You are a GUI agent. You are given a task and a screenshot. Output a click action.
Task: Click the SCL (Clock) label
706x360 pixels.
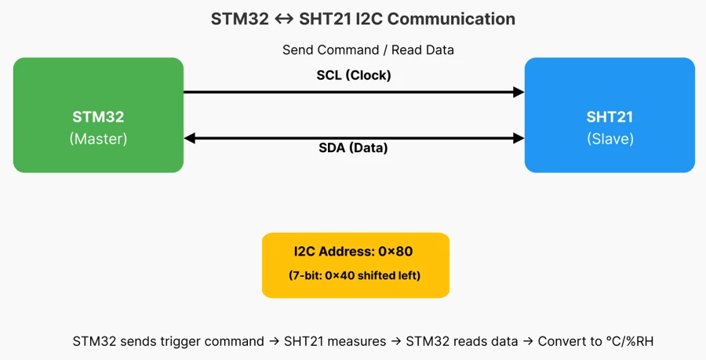pos(354,75)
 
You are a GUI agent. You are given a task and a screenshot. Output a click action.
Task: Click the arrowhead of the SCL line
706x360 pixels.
pos(519,93)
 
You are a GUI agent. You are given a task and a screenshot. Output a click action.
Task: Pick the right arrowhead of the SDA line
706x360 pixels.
pos(519,139)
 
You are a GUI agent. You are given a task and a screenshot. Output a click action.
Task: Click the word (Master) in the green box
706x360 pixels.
pos(98,139)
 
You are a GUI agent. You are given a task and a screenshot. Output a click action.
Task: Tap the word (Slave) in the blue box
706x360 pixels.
pos(610,139)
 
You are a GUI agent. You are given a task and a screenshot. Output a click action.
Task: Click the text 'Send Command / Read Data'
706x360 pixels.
pos(368,49)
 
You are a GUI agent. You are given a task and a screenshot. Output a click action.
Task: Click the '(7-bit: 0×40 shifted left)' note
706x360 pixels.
pos(355,275)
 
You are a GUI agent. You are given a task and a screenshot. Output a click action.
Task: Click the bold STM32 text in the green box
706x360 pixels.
pos(98,118)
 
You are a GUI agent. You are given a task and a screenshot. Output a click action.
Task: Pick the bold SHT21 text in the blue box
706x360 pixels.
pos(610,118)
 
